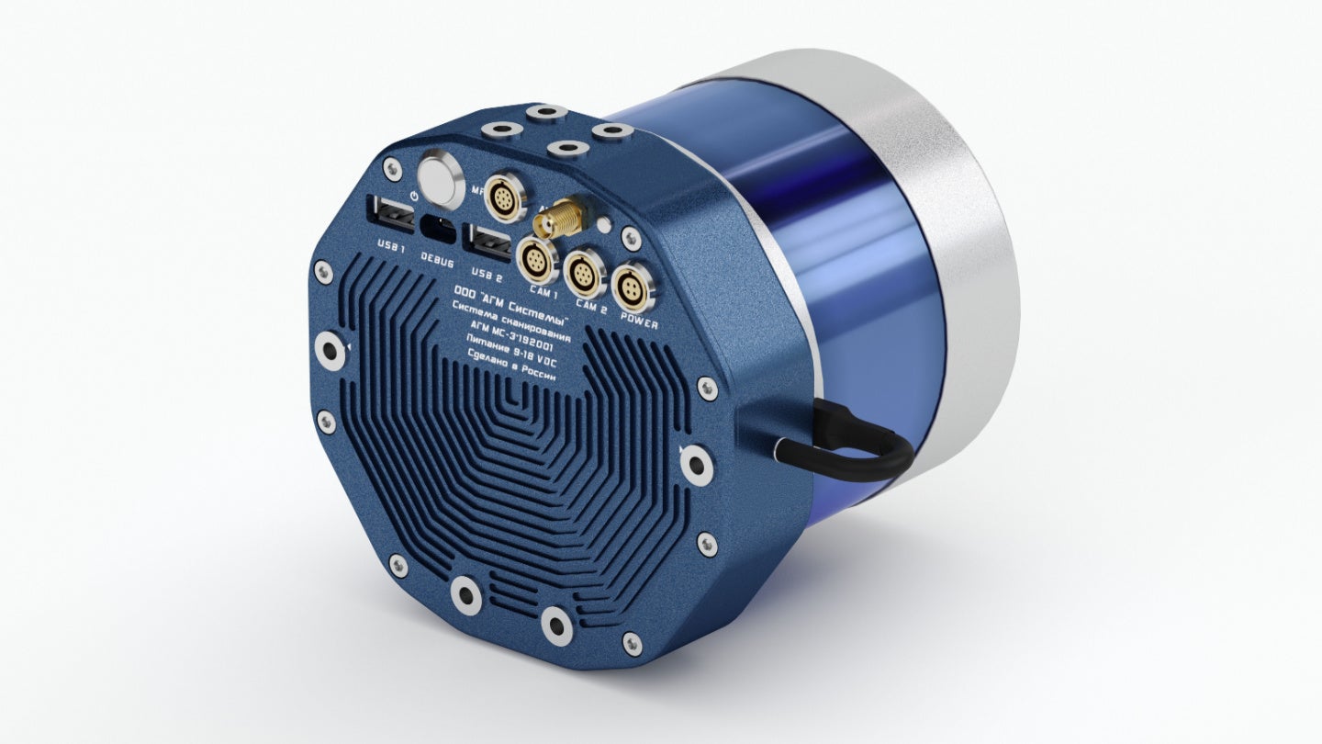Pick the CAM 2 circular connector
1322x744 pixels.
tap(582, 273)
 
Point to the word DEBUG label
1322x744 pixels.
tap(437, 261)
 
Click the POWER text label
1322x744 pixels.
tap(639, 319)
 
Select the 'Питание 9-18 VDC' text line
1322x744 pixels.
tap(518, 357)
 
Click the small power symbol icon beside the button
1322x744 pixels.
tap(415, 196)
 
